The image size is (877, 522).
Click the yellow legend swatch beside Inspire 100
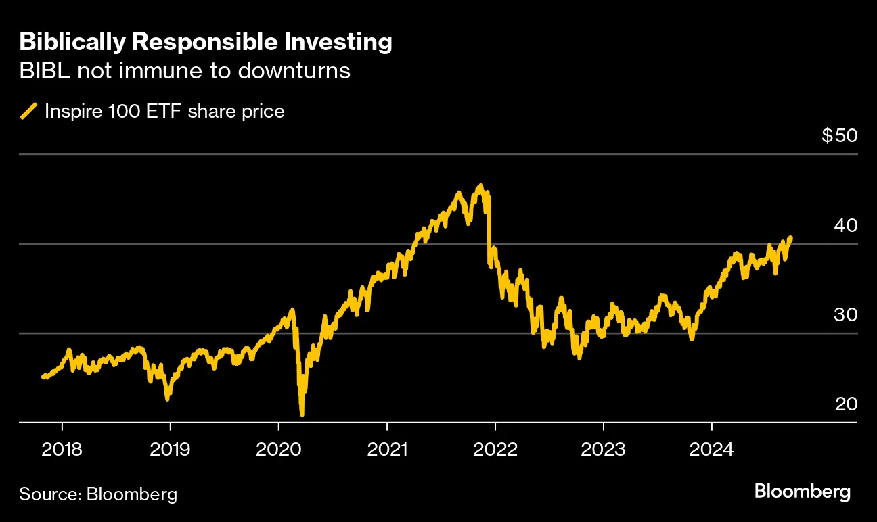pos(28,111)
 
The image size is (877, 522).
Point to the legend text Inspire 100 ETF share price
pos(164,111)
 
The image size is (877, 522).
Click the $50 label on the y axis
pos(839,135)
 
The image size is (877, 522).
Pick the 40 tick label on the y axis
pos(846,224)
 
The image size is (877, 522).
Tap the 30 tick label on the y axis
pos(846,314)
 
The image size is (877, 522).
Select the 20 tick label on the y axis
pos(846,404)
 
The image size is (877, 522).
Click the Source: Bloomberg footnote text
pos(98,494)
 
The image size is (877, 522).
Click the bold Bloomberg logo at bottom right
pos(803,492)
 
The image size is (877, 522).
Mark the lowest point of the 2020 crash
pos(301,414)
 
